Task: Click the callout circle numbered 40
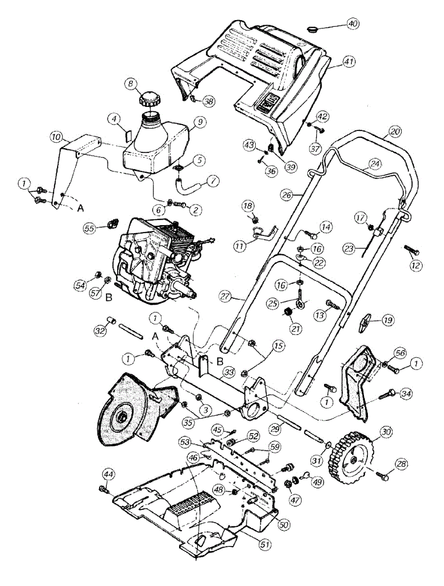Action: pos(353,24)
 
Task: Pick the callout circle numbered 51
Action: pos(265,543)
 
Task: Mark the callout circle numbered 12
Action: pos(417,266)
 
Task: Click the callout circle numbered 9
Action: pos(201,122)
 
